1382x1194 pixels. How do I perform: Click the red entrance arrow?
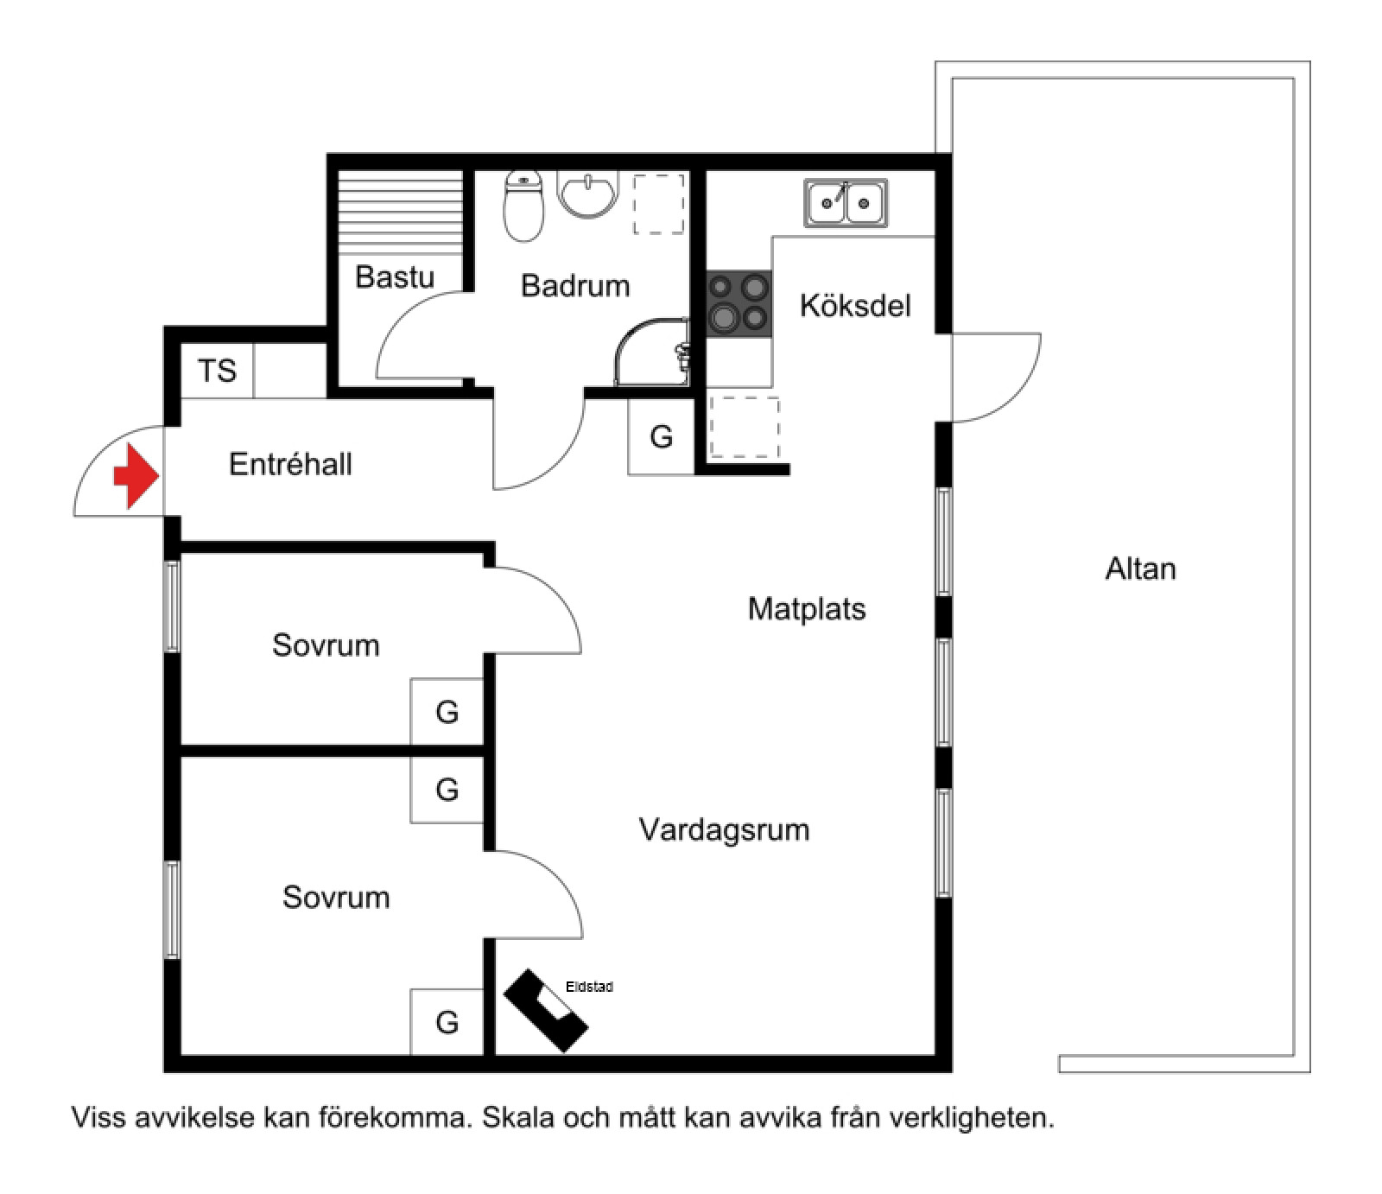(x=135, y=476)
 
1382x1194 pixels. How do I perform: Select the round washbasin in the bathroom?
(x=587, y=193)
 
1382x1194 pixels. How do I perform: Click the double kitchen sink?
(x=846, y=203)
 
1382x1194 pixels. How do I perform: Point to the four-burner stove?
(x=739, y=303)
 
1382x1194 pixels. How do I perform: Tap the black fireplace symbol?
(x=545, y=1010)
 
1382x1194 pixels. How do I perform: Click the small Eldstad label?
(x=589, y=987)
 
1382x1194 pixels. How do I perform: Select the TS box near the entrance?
(x=217, y=371)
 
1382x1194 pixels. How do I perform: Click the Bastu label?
(x=395, y=277)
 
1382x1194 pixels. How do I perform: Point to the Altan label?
(x=1140, y=568)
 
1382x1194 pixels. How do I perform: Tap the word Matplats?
(x=807, y=609)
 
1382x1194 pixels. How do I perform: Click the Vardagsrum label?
(x=724, y=830)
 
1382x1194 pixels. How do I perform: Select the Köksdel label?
(x=855, y=306)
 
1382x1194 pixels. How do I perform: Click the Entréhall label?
(x=290, y=465)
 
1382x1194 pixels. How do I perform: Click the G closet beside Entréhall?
(x=661, y=437)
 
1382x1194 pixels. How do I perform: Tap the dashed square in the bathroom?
(x=659, y=204)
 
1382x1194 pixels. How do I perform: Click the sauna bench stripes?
(x=399, y=212)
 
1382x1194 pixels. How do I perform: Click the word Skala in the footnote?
(x=519, y=1118)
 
